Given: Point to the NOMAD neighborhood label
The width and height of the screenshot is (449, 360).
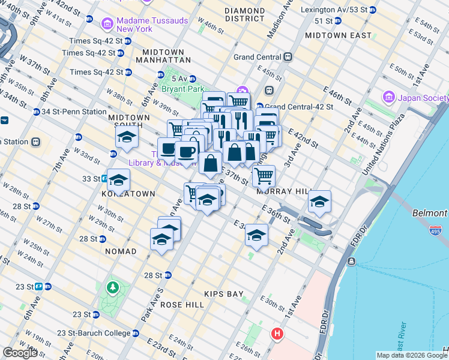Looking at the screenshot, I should (x=120, y=251).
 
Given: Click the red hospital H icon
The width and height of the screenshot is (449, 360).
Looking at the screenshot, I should (x=277, y=333).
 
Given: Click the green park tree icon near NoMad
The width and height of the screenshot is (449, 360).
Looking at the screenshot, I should (x=112, y=287).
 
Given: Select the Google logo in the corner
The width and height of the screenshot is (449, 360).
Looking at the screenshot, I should (x=20, y=353).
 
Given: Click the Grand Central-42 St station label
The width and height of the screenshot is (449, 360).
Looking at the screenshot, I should (x=295, y=106).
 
